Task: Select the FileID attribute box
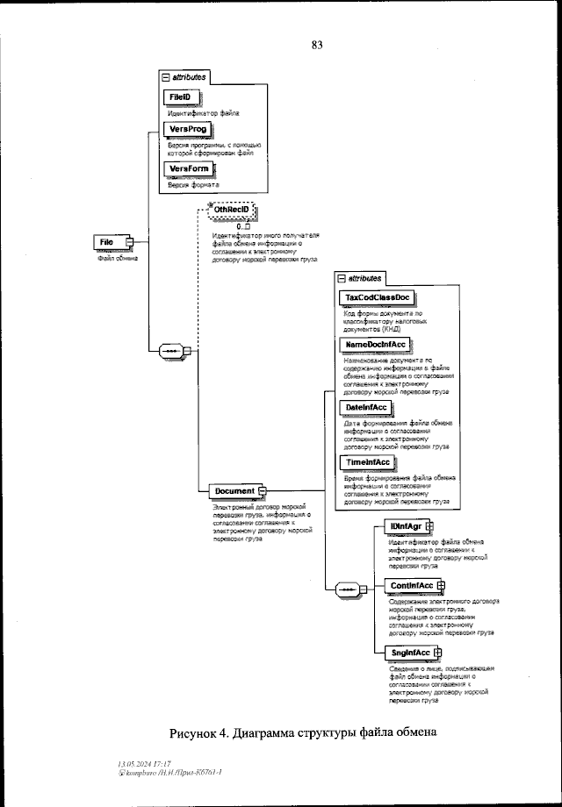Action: (x=180, y=96)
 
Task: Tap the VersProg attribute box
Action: (x=188, y=129)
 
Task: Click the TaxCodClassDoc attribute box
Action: (x=390, y=298)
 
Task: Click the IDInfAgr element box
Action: (x=407, y=526)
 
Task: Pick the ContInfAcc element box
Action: (x=411, y=586)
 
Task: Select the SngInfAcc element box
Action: (x=409, y=653)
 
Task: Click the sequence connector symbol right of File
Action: (x=169, y=352)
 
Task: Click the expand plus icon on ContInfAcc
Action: (x=442, y=586)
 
